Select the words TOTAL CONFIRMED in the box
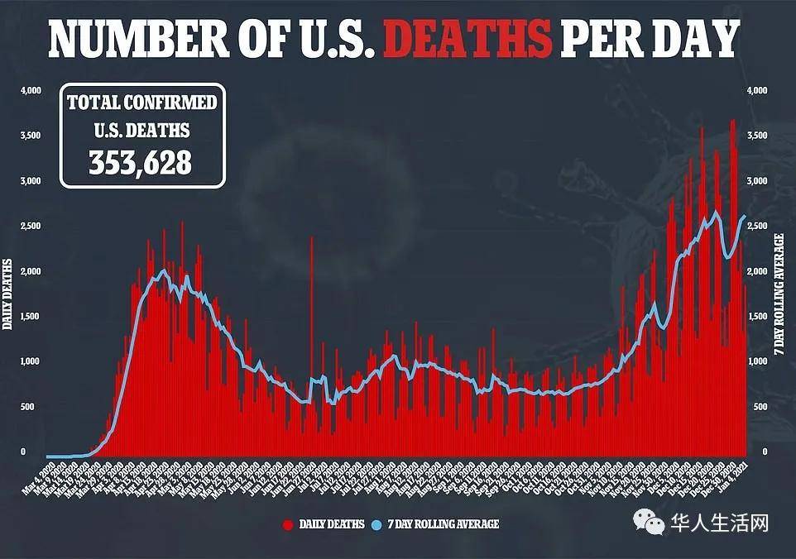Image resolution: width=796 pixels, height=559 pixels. coord(141,103)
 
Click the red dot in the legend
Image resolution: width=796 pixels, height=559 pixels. coord(287,524)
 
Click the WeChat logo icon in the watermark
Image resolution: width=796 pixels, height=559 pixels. coord(652,523)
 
